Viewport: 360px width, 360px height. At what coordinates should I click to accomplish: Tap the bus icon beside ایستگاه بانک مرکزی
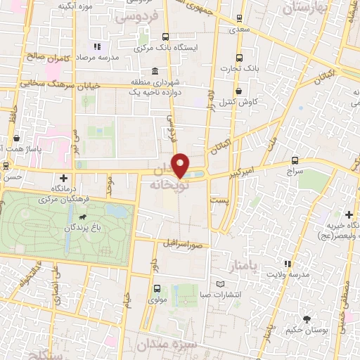point(166,37)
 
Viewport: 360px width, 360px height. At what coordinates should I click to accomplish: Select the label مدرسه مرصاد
point(96,56)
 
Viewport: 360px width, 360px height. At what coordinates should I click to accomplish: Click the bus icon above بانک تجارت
point(239,58)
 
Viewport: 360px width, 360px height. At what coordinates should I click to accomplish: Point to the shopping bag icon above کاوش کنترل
point(239,91)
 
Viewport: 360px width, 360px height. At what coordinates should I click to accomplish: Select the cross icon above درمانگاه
point(65,178)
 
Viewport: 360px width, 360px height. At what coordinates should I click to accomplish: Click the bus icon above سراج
point(295,161)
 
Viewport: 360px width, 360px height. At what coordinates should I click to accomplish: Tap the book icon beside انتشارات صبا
point(221,283)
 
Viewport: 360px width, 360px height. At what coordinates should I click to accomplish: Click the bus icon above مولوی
point(156,288)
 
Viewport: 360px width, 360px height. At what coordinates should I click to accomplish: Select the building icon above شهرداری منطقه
point(155,70)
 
